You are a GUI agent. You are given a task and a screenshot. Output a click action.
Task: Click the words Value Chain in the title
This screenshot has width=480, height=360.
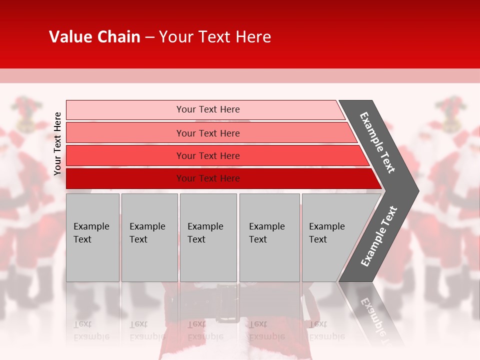[94, 37]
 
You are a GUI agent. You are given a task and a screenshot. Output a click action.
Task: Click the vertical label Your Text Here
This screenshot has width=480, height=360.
[57, 143]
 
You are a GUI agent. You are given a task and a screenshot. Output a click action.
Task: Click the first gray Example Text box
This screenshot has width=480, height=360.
[92, 237]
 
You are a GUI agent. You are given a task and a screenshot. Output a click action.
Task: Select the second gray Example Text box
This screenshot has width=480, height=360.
[149, 237]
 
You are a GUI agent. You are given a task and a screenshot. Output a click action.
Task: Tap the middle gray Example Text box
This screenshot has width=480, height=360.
[208, 237]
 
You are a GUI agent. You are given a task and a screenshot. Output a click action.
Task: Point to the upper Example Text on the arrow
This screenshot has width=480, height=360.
[377, 142]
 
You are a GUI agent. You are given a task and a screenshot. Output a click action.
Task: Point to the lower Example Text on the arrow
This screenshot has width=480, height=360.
[379, 236]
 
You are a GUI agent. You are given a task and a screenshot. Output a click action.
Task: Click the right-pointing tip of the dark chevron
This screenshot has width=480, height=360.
[416, 190]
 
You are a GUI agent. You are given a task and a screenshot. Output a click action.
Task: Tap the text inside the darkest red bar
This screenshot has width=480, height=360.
[208, 178]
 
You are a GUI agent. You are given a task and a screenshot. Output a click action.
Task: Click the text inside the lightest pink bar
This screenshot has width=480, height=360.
[208, 109]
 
